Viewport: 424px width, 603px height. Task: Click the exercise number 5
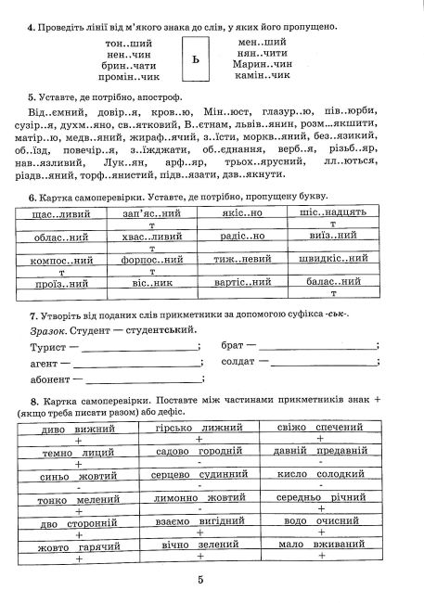click(32, 96)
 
